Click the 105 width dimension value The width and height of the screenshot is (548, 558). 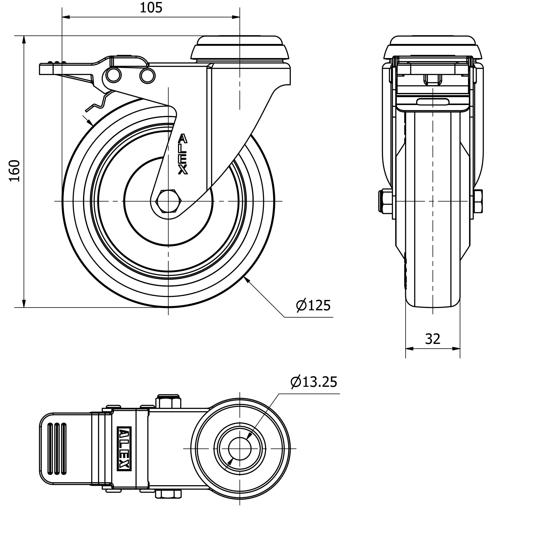pos(151,8)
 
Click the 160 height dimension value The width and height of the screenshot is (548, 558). pos(15,171)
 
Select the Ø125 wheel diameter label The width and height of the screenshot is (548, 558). pos(313,306)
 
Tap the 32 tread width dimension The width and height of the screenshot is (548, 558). pos(432,339)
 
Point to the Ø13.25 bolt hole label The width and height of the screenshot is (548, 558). pos(314,382)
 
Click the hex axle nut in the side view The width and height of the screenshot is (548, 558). pos(168,201)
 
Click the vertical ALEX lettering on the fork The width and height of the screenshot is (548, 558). pos(183,154)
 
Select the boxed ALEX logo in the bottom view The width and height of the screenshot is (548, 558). pos(124,448)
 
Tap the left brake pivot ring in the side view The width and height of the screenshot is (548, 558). pos(113,75)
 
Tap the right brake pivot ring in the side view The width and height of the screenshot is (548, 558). pos(147,76)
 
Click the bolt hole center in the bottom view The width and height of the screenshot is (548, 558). pos(240,448)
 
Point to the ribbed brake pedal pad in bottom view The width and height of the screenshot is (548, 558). pos(57,448)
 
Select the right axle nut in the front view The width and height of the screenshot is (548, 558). pos(478,201)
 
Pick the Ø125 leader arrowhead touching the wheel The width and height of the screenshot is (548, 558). pos(247,280)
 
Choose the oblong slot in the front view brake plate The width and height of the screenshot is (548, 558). pos(432,102)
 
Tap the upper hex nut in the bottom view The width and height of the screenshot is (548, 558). pos(168,402)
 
